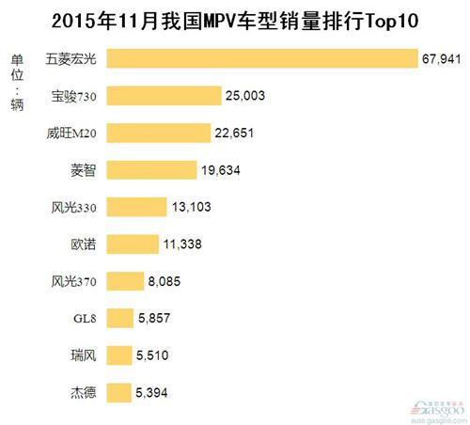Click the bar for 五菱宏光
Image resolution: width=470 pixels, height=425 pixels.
261,59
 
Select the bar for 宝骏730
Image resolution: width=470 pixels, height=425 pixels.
164,96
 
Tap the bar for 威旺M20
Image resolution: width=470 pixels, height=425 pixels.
158,133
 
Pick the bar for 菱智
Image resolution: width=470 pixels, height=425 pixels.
151,169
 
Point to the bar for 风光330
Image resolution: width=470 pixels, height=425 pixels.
137,206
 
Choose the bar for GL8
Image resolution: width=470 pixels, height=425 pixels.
120,318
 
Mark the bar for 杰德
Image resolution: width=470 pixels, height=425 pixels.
119,391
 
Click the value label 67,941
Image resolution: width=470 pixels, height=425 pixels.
443,60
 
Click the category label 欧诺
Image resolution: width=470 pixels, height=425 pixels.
84,244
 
